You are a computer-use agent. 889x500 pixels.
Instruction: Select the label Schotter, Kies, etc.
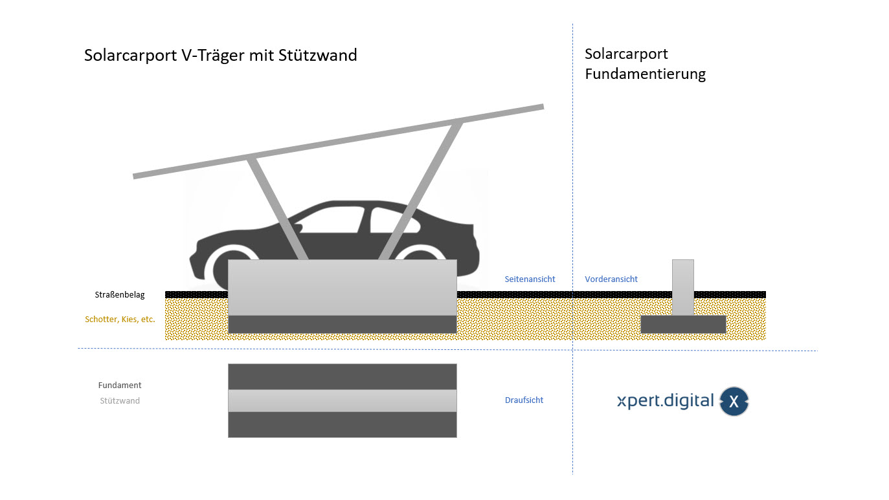click(x=120, y=319)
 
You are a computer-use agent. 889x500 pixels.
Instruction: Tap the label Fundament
click(x=120, y=385)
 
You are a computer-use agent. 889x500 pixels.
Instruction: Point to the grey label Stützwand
click(x=120, y=400)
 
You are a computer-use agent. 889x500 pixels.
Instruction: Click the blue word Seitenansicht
click(x=530, y=279)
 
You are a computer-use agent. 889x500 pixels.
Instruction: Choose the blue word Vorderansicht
click(x=611, y=279)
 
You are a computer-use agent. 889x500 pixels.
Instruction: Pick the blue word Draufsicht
click(x=524, y=400)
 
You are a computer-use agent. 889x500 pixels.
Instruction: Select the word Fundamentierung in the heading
click(x=645, y=74)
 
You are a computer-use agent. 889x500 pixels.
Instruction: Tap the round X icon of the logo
click(x=734, y=402)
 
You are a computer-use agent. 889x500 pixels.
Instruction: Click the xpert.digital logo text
click(x=665, y=401)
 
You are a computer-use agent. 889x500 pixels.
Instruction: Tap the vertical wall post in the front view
click(x=682, y=287)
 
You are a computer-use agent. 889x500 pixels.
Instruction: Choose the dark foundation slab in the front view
click(x=682, y=324)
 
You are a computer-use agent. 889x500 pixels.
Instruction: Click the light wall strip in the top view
click(x=342, y=400)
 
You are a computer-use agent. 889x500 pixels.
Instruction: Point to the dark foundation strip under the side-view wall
click(x=342, y=324)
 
